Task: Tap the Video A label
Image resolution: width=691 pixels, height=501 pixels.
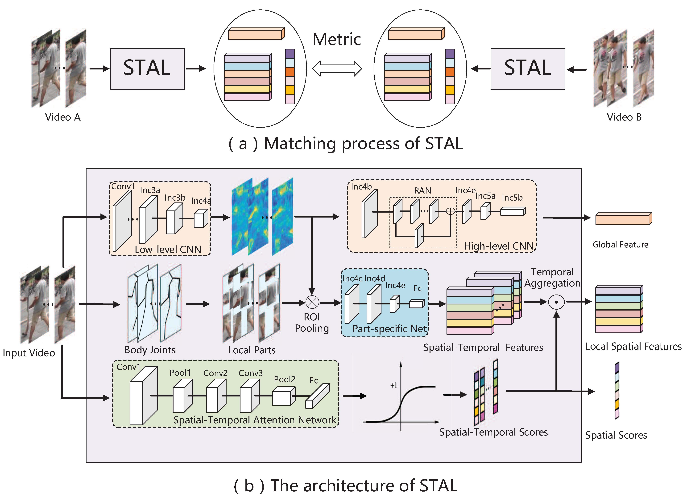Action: pos(63,117)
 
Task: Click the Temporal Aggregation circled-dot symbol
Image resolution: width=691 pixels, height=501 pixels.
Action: pos(556,302)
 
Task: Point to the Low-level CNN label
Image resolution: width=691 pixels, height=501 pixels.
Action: pos(168,250)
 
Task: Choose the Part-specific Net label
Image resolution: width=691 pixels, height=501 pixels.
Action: pos(390,329)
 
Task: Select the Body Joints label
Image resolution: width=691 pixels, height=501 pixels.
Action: pos(150,350)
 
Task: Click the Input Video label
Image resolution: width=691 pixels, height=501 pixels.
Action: pos(29,353)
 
